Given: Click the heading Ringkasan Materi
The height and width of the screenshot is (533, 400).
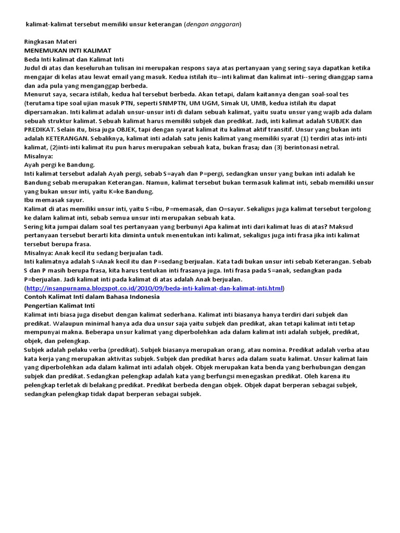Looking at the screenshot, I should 51,42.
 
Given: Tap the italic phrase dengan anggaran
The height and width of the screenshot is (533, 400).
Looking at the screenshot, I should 214,24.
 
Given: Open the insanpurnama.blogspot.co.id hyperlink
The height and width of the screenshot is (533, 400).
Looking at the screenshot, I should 155,288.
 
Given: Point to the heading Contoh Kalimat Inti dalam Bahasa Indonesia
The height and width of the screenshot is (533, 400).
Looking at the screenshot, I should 92,297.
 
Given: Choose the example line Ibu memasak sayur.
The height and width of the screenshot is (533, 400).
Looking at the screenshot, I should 54,199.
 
